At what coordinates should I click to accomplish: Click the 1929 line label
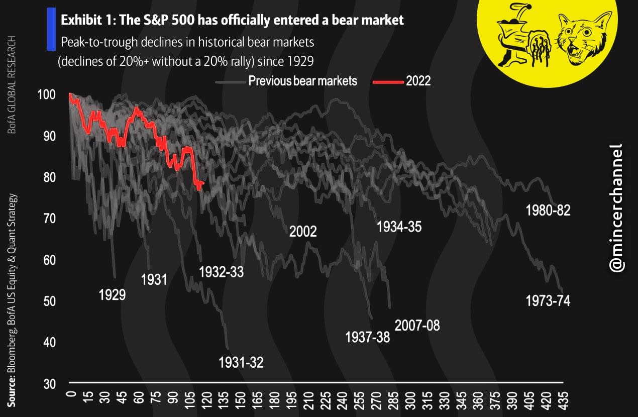(112, 294)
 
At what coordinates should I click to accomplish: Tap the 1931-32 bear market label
(241, 362)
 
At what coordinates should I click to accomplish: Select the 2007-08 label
(417, 326)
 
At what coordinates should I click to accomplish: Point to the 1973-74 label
(548, 301)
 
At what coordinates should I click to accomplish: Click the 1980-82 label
(548, 210)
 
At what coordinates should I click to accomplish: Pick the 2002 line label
(303, 232)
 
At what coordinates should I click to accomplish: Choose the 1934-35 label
(399, 227)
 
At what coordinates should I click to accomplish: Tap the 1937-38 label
(368, 337)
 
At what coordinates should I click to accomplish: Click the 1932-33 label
(222, 272)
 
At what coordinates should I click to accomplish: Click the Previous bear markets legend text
(302, 81)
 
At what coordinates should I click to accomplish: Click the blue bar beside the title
(51, 29)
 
